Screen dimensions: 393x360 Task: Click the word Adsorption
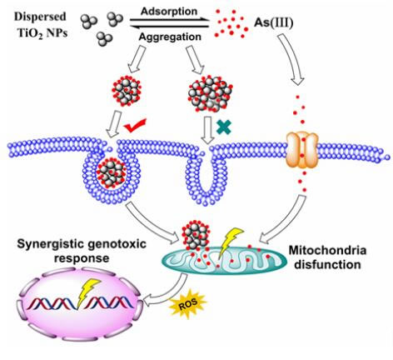[169, 12]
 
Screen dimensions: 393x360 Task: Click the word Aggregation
[170, 37]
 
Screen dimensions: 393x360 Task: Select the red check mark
[135, 126]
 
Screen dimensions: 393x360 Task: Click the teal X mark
[224, 127]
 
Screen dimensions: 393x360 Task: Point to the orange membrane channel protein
[302, 150]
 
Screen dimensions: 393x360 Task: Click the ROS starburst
[189, 303]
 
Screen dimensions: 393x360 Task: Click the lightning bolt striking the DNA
[86, 292]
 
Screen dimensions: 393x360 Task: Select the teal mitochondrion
[224, 260]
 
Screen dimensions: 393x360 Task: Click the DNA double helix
[81, 303]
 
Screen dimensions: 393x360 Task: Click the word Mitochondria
[327, 250]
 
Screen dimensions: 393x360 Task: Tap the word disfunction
[327, 264]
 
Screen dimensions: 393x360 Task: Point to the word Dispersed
[40, 17]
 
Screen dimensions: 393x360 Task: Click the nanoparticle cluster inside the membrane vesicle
[111, 174]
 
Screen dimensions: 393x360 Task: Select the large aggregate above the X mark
[210, 94]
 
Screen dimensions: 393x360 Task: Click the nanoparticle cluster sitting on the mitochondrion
[195, 235]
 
